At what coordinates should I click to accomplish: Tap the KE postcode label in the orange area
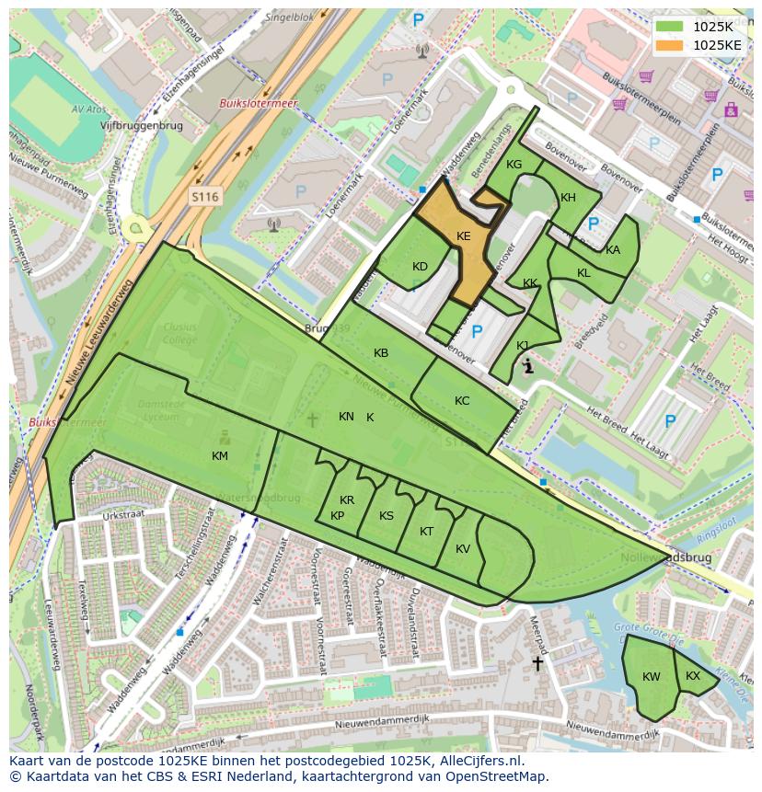click(x=464, y=236)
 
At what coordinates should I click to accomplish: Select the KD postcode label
click(x=420, y=267)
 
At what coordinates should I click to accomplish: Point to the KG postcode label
click(x=514, y=165)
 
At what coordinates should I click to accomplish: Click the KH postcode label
click(x=568, y=198)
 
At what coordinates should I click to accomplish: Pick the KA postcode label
click(x=613, y=250)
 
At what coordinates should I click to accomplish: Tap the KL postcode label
click(x=583, y=273)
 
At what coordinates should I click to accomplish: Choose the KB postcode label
click(x=381, y=353)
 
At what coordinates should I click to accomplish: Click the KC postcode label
click(x=462, y=401)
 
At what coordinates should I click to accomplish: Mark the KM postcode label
click(x=219, y=456)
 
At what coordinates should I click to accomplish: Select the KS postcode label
click(x=387, y=516)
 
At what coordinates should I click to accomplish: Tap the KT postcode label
click(x=426, y=532)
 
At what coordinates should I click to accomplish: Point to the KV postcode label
click(x=463, y=549)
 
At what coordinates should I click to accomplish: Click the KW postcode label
click(x=652, y=677)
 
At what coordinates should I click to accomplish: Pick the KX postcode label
click(x=693, y=676)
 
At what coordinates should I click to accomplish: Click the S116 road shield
click(x=205, y=197)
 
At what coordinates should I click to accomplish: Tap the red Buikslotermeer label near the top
click(x=258, y=104)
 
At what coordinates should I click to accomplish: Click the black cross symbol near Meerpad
click(x=537, y=662)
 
